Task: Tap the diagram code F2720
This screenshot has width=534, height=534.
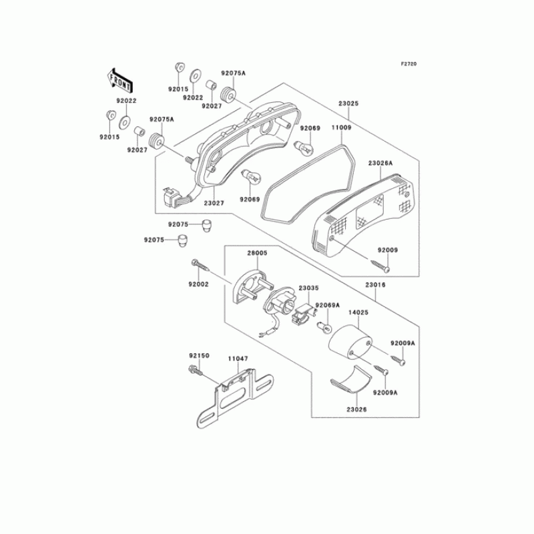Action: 408,64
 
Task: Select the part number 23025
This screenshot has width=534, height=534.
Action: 348,104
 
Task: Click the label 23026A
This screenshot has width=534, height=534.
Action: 380,163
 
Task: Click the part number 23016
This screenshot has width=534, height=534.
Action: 375,285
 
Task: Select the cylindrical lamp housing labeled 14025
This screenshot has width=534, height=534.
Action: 352,340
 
